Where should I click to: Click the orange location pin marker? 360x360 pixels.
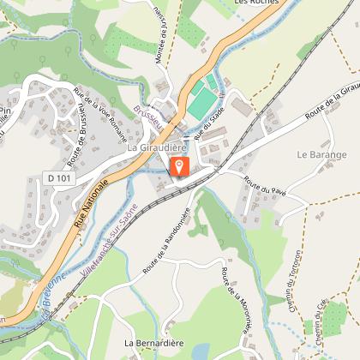coord(179,166)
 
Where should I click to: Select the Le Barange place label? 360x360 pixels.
coord(321,155)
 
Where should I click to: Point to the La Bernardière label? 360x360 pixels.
coord(153,343)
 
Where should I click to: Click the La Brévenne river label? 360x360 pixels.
coord(51,292)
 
